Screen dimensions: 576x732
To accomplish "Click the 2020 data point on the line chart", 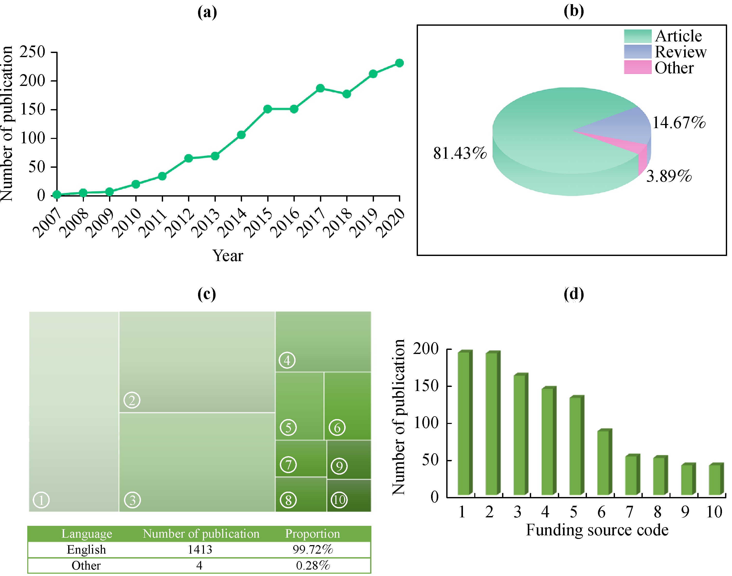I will [x=399, y=63].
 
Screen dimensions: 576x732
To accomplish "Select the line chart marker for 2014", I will [x=241, y=135].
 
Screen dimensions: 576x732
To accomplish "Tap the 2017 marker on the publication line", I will [x=320, y=88].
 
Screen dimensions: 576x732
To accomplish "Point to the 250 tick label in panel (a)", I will [x=32, y=52].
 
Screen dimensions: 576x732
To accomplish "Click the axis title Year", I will [x=228, y=256].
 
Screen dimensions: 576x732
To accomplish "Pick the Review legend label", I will [x=680, y=52].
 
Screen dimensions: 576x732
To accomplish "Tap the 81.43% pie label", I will [x=460, y=153].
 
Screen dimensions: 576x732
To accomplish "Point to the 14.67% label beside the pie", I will [x=679, y=122].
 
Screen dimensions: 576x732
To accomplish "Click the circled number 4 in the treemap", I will [x=287, y=360].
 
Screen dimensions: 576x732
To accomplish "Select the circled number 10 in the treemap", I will [x=339, y=499].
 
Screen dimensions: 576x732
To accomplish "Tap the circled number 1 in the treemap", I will [x=41, y=500].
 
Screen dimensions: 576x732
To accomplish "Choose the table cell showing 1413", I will [x=200, y=550].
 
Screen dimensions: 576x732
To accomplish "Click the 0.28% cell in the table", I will [x=313, y=565].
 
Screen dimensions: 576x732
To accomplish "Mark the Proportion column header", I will [x=312, y=534].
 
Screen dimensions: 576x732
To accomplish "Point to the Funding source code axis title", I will [x=597, y=530].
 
